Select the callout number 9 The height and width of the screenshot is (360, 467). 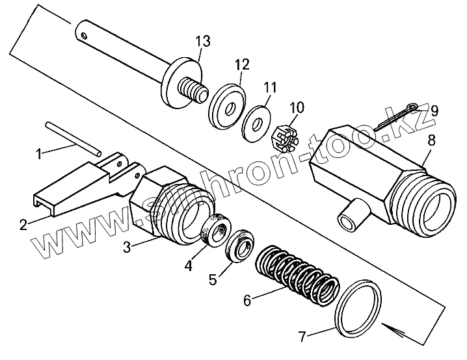[x=434, y=110]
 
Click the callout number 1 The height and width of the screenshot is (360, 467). [x=38, y=155]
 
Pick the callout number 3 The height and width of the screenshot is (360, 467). [x=128, y=246]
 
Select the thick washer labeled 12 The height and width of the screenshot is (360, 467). [x=225, y=104]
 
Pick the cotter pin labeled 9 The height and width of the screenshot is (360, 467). [x=392, y=122]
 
